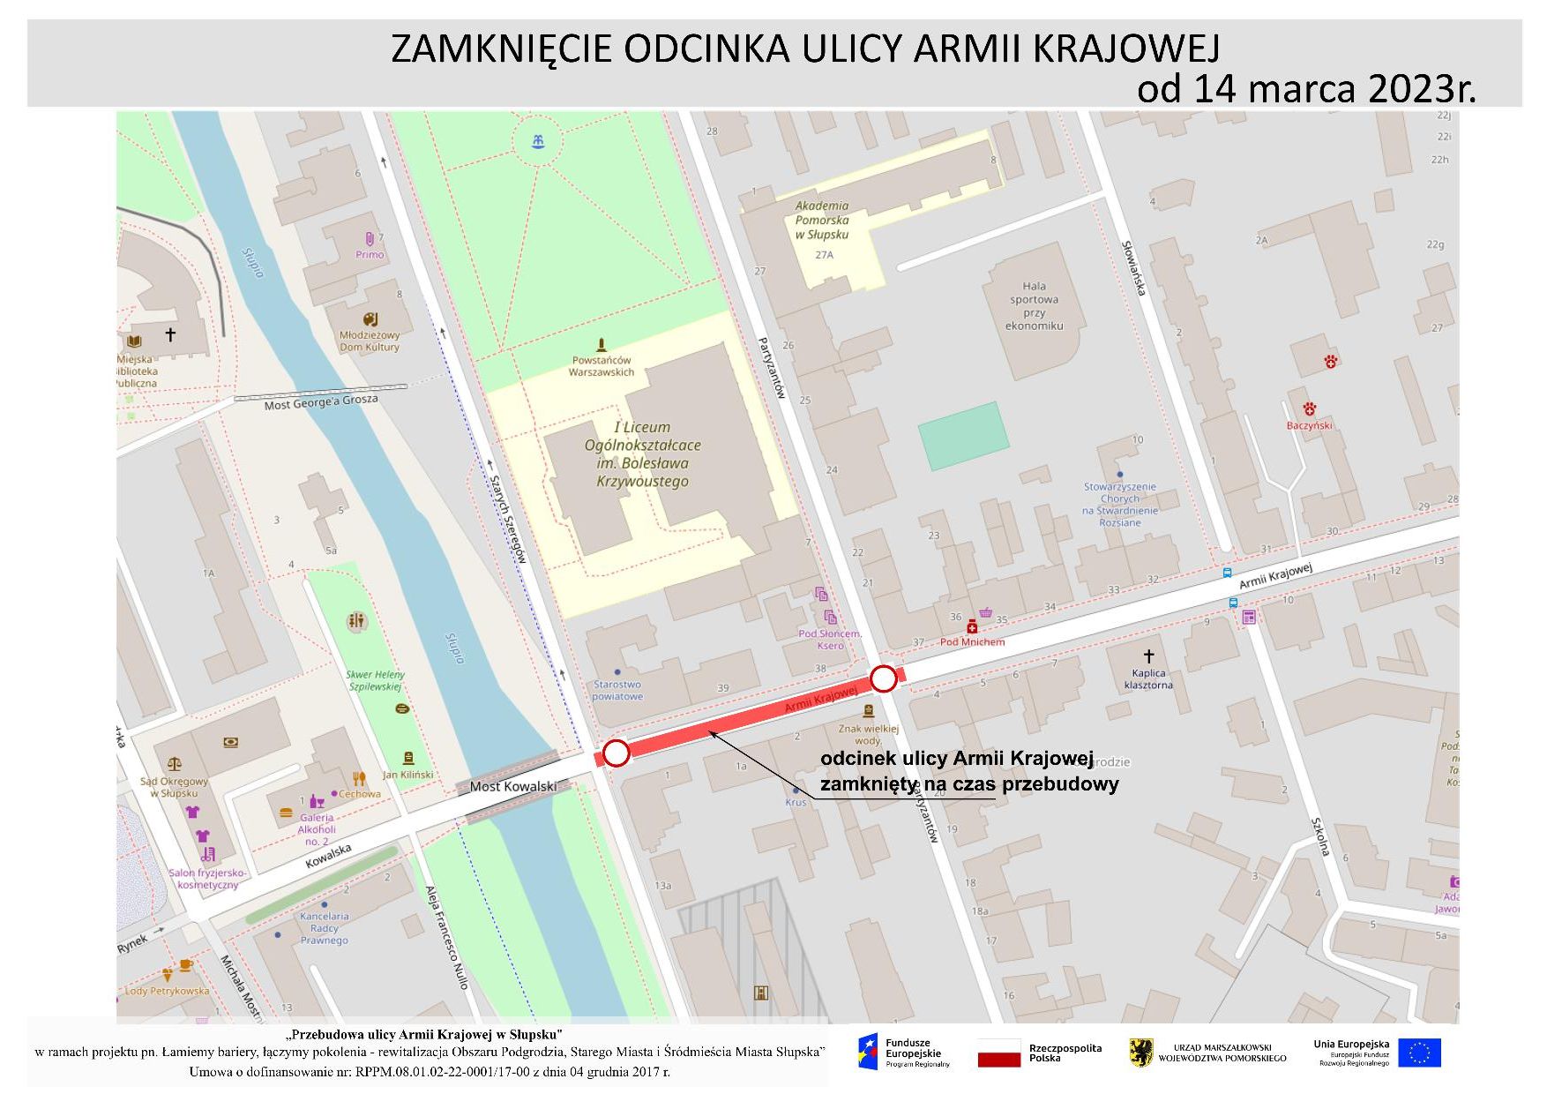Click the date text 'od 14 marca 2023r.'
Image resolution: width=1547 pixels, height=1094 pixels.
(x=1305, y=88)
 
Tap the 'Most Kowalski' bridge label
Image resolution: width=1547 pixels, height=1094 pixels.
(x=513, y=786)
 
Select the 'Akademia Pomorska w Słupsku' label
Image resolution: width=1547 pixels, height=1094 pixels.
(x=822, y=220)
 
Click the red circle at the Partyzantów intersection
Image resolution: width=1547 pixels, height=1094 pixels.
(x=884, y=678)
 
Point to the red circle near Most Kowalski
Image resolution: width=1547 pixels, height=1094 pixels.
(x=616, y=753)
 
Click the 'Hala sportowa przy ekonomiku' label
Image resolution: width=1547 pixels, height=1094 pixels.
(x=1035, y=305)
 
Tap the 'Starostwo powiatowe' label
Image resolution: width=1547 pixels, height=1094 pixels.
(x=617, y=690)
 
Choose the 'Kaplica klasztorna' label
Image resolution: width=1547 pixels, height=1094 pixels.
(x=1148, y=678)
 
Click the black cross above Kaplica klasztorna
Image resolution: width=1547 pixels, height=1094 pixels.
(x=1148, y=656)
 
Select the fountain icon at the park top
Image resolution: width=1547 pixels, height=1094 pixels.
(x=537, y=141)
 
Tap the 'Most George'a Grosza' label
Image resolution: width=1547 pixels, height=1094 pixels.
(x=321, y=402)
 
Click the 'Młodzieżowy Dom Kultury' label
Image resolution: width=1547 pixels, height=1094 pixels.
(x=370, y=341)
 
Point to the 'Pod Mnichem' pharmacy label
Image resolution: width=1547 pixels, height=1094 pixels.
(x=972, y=641)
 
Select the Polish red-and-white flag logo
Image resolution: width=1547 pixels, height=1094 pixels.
(x=998, y=1053)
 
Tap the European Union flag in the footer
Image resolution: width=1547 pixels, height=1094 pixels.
(x=1419, y=1053)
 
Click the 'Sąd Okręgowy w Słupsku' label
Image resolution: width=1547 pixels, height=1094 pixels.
(x=174, y=787)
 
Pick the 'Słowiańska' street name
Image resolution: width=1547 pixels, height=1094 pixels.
(x=1134, y=268)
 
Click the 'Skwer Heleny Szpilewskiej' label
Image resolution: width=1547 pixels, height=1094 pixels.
(x=375, y=680)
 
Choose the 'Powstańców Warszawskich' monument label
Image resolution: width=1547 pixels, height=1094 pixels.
(x=602, y=366)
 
